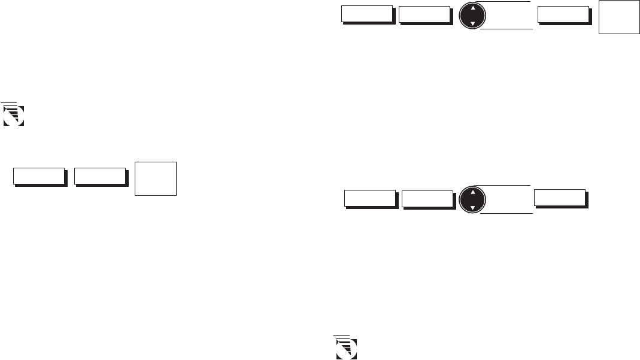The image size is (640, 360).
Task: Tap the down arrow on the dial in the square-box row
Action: (x=472, y=24)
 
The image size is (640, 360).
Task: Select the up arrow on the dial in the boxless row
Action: (x=473, y=193)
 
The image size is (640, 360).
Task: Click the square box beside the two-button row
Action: (x=156, y=178)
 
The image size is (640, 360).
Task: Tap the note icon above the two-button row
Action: (x=13, y=114)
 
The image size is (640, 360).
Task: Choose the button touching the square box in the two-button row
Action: (x=100, y=177)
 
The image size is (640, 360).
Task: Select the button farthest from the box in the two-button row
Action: (x=39, y=177)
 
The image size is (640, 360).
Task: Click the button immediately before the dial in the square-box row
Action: (x=424, y=15)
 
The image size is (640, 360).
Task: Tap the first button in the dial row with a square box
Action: (x=366, y=15)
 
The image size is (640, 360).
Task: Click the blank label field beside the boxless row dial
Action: (x=508, y=199)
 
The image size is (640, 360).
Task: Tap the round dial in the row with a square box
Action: (x=472, y=17)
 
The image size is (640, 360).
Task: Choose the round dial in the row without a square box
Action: (x=473, y=200)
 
